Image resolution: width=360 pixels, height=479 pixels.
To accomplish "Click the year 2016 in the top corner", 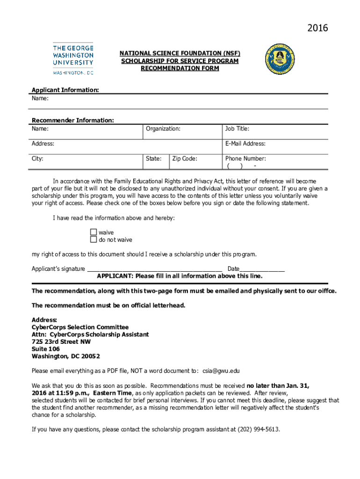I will pyautogui.click(x=317, y=29).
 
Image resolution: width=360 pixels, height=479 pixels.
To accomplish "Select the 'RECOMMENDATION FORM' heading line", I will pyautogui.click(x=180, y=68).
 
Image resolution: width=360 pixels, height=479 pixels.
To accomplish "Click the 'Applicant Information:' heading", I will pyautogui.click(x=65, y=90).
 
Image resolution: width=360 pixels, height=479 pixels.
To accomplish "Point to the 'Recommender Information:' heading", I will pyautogui.click(x=72, y=120).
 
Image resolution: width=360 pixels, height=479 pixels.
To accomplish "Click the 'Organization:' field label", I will pyautogui.click(x=163, y=129).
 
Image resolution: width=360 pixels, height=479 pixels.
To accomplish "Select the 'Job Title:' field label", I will pyautogui.click(x=237, y=129).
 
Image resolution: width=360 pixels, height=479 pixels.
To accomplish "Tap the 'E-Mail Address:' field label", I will pyautogui.click(x=245, y=144).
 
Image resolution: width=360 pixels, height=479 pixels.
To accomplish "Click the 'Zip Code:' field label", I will pyautogui.click(x=185, y=159).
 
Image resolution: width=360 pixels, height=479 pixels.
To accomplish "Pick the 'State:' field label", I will pyautogui.click(x=153, y=159).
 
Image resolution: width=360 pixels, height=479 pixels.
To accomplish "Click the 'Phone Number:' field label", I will pyautogui.click(x=245, y=159).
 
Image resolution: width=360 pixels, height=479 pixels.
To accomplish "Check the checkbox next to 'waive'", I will pyautogui.click(x=93, y=232).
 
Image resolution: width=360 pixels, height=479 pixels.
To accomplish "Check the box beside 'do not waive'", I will pyautogui.click(x=93, y=239).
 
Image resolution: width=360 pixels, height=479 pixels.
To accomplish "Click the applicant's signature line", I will pyautogui.click(x=154, y=269).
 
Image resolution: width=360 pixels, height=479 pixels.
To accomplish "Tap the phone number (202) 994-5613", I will pyautogui.click(x=259, y=429).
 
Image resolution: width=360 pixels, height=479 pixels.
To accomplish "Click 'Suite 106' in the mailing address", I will pyautogui.click(x=46, y=349).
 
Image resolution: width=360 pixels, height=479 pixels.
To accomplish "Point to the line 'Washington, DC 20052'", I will pyautogui.click(x=65, y=356).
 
